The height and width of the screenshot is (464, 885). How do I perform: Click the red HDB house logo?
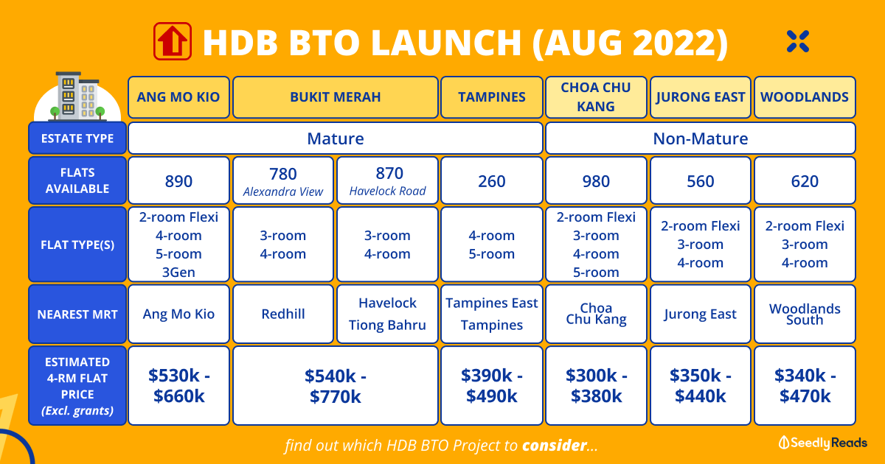point(173,41)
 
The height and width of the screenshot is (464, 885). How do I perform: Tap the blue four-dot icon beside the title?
point(798,41)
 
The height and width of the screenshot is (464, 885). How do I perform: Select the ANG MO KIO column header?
point(178,97)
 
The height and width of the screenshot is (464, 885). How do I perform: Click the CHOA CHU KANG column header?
point(596,97)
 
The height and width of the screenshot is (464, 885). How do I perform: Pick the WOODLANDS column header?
point(805,97)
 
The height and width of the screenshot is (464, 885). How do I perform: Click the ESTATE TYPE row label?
point(77,138)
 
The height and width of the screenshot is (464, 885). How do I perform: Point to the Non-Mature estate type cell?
point(701,138)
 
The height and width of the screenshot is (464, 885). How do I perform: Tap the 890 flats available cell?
point(178,180)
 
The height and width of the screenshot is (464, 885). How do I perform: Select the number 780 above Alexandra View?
point(283,174)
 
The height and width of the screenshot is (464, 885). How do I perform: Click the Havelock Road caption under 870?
point(388,191)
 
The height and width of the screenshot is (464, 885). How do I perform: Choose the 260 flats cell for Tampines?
point(491,180)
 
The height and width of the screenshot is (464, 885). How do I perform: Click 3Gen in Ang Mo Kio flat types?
point(178,273)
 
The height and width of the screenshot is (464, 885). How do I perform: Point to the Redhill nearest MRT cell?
point(283,314)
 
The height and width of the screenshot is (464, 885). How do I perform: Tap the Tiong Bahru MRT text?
point(387,325)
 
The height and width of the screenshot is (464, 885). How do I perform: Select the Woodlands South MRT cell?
point(805,314)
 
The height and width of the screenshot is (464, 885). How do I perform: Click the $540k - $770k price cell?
point(336,386)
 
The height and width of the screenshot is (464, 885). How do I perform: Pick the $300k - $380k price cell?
point(596,386)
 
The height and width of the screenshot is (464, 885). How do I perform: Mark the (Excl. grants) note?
point(77,411)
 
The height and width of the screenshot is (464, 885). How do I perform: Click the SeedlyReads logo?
point(822,443)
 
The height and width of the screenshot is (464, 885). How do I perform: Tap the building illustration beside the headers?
point(77,96)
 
